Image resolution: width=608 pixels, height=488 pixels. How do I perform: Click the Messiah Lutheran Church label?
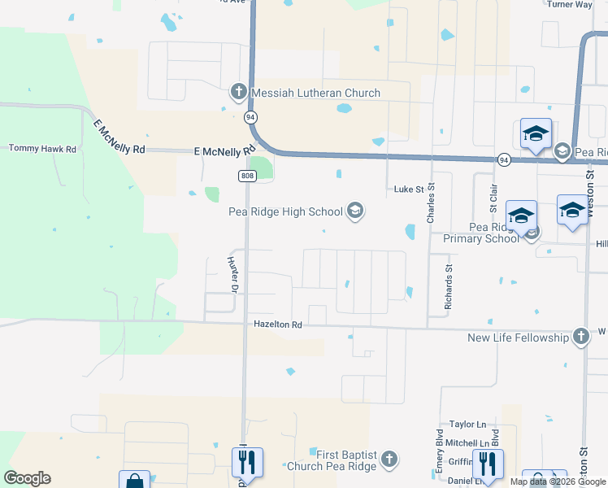[316, 93]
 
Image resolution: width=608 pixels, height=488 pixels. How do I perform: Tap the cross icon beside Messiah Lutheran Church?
[239, 91]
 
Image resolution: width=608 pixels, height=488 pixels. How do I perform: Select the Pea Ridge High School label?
[285, 212]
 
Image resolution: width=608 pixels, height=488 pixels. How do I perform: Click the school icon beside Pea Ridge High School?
[354, 211]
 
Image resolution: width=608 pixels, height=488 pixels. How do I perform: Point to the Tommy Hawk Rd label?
[42, 149]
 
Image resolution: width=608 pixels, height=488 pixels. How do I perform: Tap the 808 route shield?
[247, 176]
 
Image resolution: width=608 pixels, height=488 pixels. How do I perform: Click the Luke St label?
[410, 190]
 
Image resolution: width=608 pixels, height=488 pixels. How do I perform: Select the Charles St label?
[432, 203]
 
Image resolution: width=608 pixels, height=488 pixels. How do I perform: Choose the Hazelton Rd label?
[277, 325]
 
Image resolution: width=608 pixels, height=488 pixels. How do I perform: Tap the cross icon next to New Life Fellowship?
[580, 336]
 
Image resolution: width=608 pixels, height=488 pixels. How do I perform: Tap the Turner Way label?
[569, 4]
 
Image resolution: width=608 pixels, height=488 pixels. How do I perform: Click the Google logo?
[27, 478]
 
